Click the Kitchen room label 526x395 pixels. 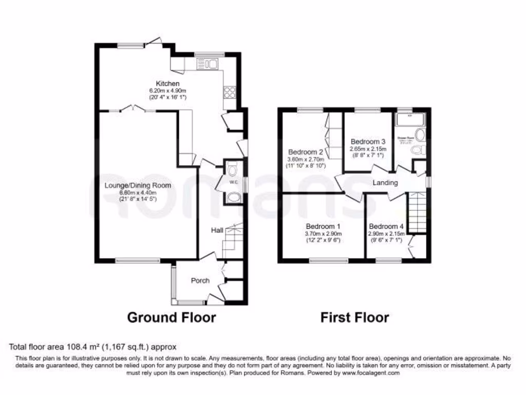pos(168,83)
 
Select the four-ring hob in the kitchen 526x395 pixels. pos(230,93)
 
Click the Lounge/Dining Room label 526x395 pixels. pos(138,185)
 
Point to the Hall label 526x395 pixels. pos(216,231)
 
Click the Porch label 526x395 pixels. pos(200,280)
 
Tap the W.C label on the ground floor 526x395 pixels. pos(233,182)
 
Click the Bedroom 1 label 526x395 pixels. pos(323,226)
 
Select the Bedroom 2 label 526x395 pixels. pos(305,152)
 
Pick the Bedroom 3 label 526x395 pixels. pos(368,141)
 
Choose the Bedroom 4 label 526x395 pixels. pos(386,226)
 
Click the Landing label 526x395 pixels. pos(385,183)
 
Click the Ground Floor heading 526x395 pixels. pos(171,317)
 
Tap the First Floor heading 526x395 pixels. pos(354,317)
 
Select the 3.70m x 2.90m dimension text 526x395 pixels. pos(323,234)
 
